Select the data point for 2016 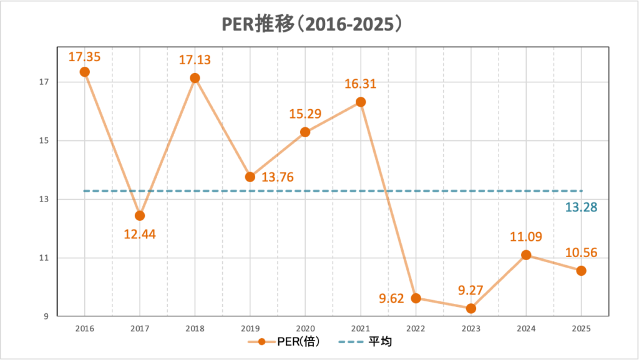tap(85, 72)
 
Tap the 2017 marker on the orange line tap(140, 216)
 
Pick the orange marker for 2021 tap(361, 102)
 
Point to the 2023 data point tap(471, 308)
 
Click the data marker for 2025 tap(581, 271)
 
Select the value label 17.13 tap(195, 61)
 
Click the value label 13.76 tap(278, 177)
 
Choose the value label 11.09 tap(525, 236)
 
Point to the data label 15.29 tap(305, 114)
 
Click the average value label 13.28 tap(581, 207)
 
